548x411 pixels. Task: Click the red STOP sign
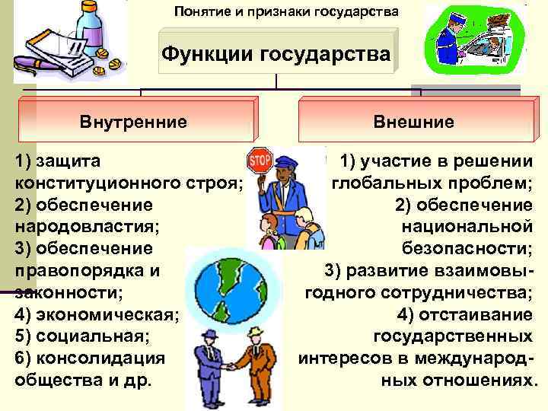pos(260,162)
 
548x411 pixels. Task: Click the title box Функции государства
pos(276,54)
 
